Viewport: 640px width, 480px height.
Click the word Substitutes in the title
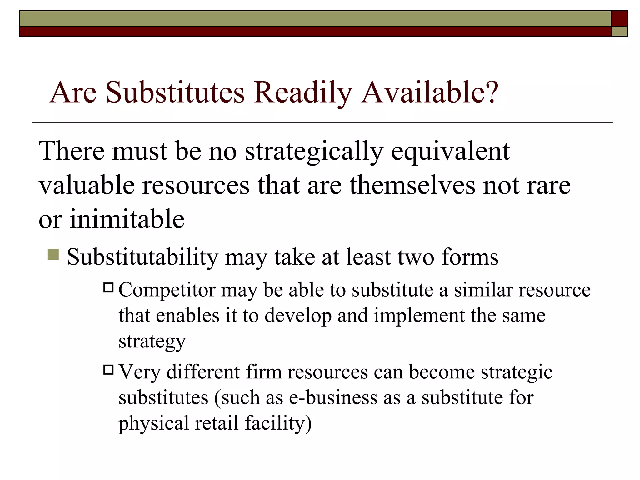(x=175, y=92)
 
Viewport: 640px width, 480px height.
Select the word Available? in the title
(x=429, y=92)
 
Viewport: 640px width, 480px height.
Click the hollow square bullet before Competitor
(x=108, y=287)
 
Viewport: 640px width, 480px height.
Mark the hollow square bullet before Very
(x=108, y=370)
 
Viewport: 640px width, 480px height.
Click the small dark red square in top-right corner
(x=619, y=19)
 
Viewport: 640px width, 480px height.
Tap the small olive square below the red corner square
(x=619, y=32)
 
